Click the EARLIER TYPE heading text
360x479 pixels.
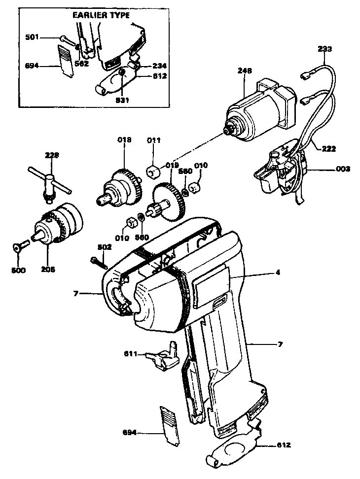tap(101, 15)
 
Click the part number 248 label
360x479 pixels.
tap(245, 71)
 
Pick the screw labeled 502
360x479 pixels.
tap(99, 262)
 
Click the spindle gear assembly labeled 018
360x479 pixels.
tap(121, 189)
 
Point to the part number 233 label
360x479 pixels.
tap(325, 49)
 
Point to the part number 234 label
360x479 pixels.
tap(159, 66)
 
